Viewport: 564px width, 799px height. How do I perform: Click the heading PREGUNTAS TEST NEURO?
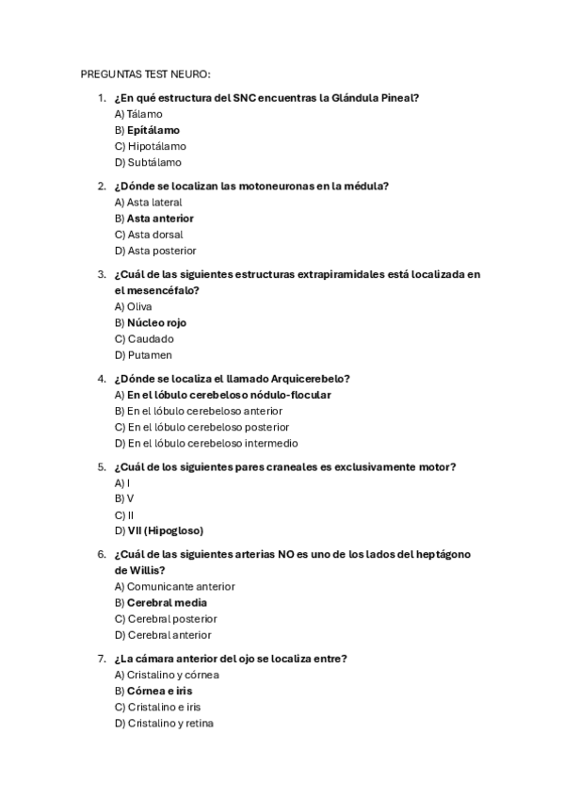coord(145,73)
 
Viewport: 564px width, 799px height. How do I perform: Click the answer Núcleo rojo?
coord(156,322)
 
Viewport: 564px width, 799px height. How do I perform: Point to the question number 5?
coord(102,466)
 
